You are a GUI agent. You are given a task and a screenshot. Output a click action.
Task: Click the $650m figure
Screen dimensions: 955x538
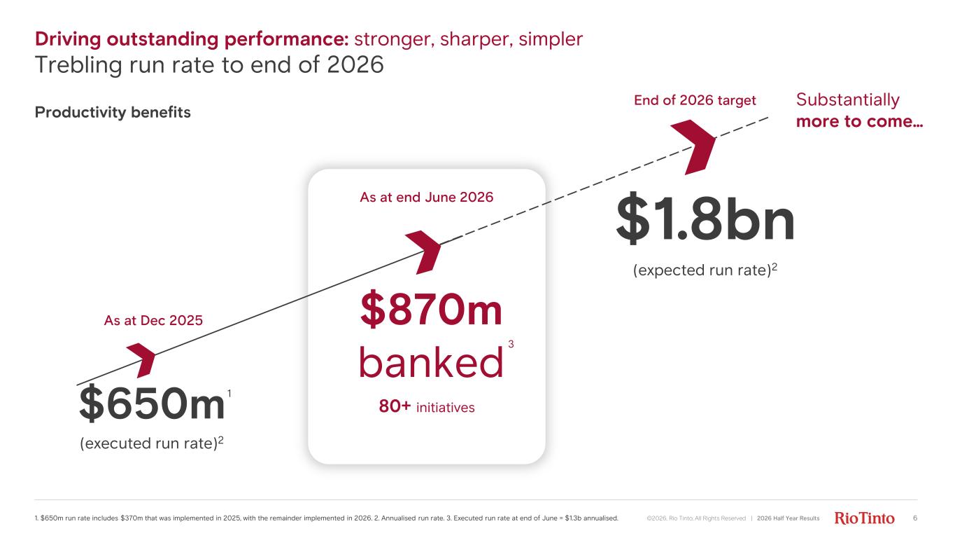[x=152, y=403]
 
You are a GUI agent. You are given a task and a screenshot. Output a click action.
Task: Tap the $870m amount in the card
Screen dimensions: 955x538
[x=431, y=309]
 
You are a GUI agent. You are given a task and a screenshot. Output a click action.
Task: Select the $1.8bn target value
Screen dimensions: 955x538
[x=705, y=219]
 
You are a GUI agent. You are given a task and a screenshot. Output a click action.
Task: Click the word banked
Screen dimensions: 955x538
[x=431, y=362]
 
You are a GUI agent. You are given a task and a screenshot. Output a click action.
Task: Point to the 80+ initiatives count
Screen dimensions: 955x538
[x=427, y=406]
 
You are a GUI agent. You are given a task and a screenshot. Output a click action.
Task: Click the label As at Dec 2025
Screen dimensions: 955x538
[x=153, y=320]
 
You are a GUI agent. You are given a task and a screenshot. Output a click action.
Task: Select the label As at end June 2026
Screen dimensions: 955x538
[x=426, y=198]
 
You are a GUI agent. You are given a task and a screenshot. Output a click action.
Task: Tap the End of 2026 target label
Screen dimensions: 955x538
[x=695, y=100]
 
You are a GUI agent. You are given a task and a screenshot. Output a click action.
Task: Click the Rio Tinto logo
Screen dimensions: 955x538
[x=864, y=518]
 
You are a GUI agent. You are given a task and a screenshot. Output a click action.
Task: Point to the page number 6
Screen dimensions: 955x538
[x=915, y=518]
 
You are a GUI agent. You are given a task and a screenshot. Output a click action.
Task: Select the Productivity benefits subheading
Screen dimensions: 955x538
[x=113, y=112]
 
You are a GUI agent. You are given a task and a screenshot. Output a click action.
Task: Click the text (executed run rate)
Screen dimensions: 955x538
[x=149, y=443]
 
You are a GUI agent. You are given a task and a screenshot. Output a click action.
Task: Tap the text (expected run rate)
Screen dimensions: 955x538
[x=702, y=270]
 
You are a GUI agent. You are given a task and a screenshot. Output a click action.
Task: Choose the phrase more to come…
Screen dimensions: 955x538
[x=859, y=121]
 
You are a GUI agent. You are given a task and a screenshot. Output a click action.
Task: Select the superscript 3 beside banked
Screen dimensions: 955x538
[x=511, y=344]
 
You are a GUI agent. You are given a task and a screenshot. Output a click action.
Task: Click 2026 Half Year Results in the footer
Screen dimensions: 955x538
[x=788, y=518]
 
